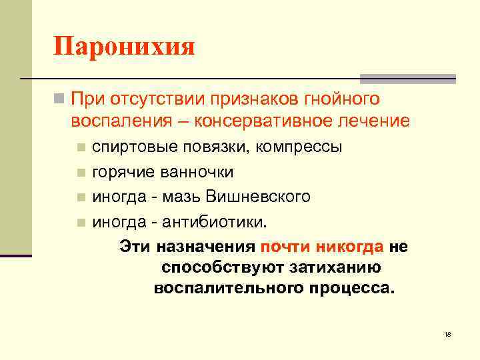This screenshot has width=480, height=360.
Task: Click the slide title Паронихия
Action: (124, 47)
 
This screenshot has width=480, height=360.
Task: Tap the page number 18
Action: (447, 333)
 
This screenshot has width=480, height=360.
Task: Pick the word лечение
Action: (375, 122)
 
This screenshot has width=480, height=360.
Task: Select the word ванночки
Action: (197, 172)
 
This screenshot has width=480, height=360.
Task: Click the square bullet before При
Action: (59, 100)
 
